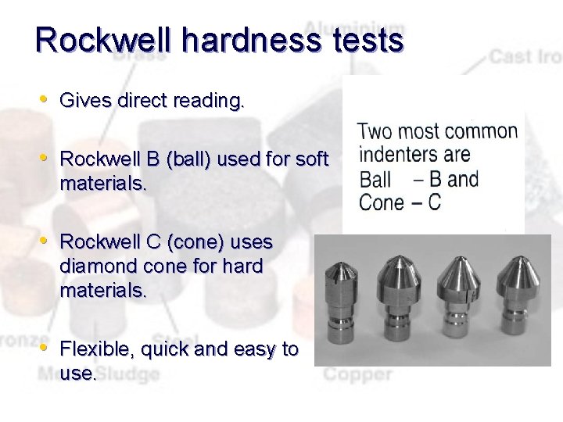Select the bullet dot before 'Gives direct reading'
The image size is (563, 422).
pyautogui.click(x=45, y=99)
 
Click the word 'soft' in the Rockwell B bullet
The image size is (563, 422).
pyautogui.click(x=312, y=159)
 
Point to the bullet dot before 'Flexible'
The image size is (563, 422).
pyautogui.click(x=45, y=346)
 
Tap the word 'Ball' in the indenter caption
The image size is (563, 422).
pyautogui.click(x=375, y=179)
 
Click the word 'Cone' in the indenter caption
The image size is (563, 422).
pyautogui.click(x=378, y=202)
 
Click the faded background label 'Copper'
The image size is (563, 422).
pyautogui.click(x=357, y=373)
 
